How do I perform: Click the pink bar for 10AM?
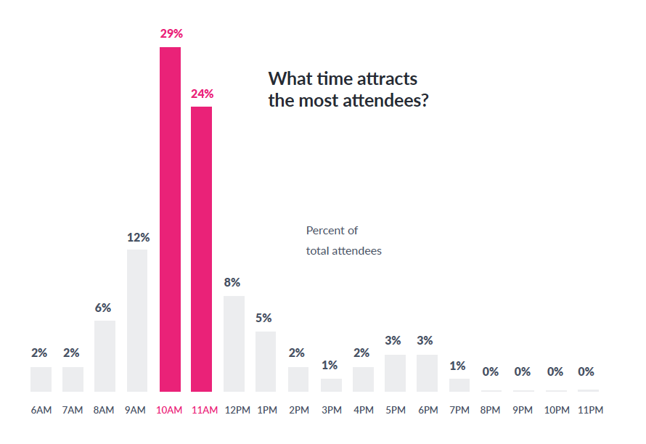coord(170,219)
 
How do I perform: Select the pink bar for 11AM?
coord(202,249)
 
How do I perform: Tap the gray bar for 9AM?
coord(137,320)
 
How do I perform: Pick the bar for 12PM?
coord(234,343)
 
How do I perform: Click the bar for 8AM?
coord(105,355)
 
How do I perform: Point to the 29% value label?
coord(171,33)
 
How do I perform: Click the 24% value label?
coord(202,94)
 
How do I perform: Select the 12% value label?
coord(138,237)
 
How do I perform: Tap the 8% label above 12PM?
coord(232,282)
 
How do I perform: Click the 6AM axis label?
coord(41,410)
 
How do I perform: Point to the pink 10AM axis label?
coord(169,410)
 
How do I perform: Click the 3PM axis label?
coord(331,410)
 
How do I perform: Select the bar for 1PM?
coord(266,361)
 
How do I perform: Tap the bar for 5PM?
coord(395,373)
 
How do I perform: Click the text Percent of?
coord(332,231)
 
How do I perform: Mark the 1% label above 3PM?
coord(330,366)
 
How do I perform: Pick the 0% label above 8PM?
coord(491,371)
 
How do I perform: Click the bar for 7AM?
coord(73,379)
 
